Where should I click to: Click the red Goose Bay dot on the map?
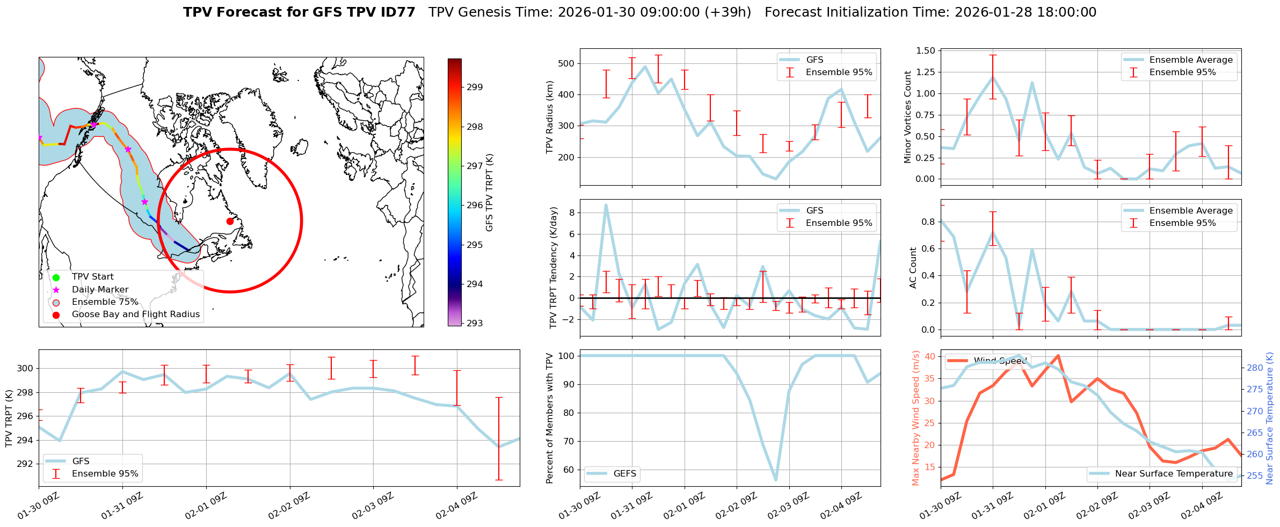230,221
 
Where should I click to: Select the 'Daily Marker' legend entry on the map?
100,289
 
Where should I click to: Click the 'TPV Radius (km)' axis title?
550,117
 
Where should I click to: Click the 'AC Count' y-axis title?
913,268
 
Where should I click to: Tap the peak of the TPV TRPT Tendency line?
606,205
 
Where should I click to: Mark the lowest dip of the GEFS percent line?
775,480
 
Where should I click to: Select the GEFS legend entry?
624,473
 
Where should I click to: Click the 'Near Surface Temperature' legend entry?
1174,473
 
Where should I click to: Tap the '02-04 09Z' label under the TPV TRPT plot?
456,507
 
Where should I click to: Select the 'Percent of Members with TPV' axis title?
550,418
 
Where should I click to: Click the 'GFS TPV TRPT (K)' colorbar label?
490,192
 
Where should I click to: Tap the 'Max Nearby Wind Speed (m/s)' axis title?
916,418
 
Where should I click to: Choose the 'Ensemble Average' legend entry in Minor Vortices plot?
1191,60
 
